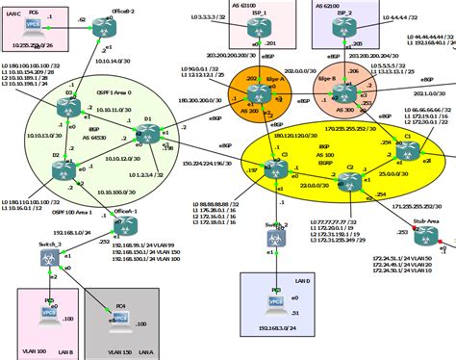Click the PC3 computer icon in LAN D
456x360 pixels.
click(276, 296)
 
